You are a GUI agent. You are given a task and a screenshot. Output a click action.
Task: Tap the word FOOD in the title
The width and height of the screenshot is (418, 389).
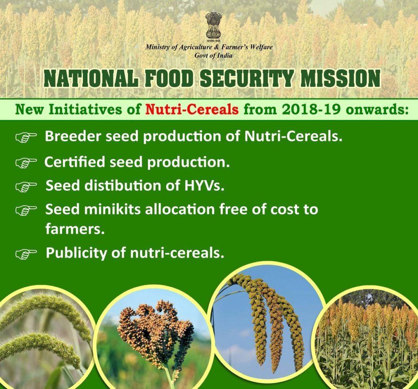[x=169, y=78]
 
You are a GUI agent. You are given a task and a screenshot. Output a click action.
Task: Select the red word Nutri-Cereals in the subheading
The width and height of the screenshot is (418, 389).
[x=192, y=109]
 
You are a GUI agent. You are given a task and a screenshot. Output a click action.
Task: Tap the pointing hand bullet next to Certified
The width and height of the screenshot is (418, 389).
[x=26, y=163]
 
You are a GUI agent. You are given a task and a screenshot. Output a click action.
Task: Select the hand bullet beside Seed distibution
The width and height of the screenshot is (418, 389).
[x=26, y=186]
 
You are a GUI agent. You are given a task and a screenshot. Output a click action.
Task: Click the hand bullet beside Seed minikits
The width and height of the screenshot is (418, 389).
[x=26, y=210]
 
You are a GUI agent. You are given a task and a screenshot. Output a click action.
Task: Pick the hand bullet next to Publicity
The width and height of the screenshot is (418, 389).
[x=26, y=254]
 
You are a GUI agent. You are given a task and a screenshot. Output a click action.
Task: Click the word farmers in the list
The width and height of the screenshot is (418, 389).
[x=75, y=228]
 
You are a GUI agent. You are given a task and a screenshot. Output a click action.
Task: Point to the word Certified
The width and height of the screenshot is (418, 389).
[x=75, y=162]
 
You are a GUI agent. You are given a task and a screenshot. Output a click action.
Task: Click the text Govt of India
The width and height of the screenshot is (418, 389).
[x=213, y=56]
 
